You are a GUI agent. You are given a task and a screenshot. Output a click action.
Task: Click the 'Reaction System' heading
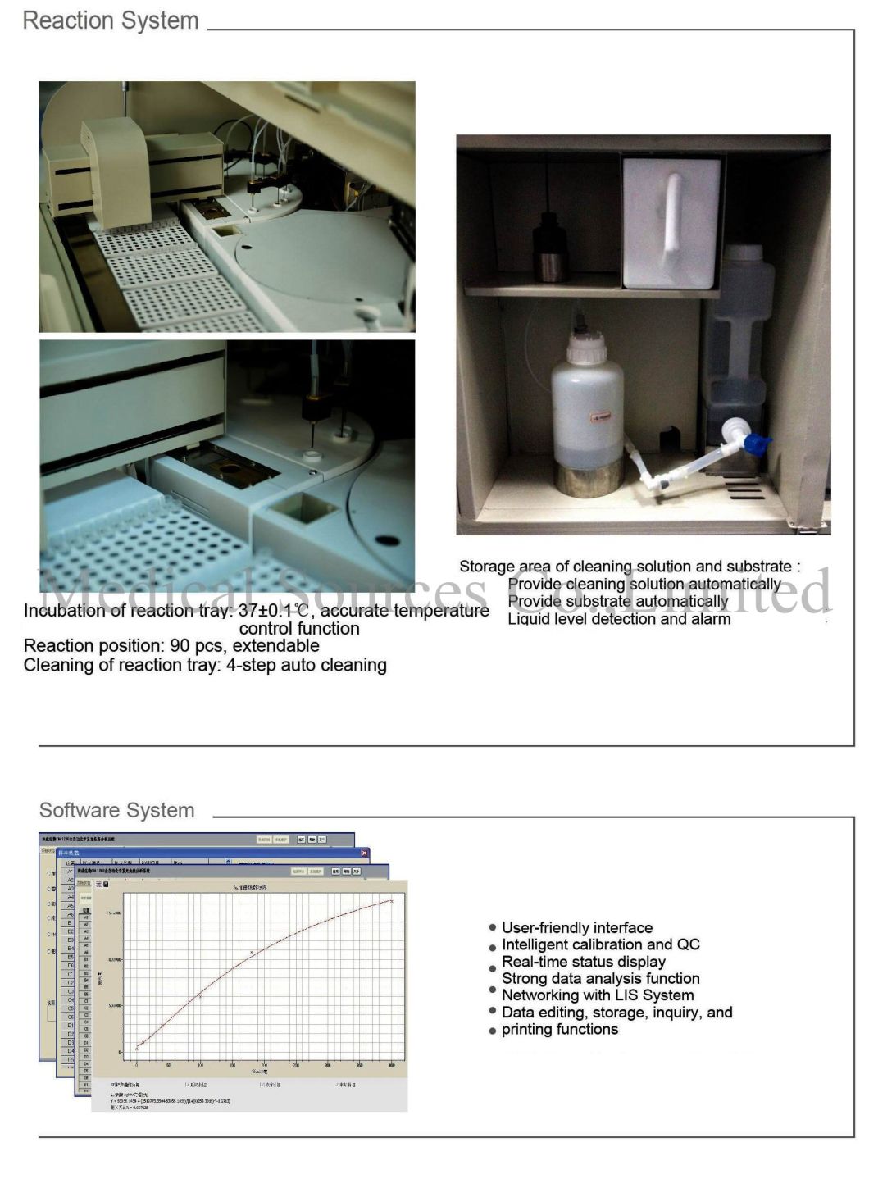tap(111, 20)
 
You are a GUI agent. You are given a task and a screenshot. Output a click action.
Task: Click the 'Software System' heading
tap(117, 810)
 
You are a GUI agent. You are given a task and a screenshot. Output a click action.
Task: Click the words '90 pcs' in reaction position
tap(197, 646)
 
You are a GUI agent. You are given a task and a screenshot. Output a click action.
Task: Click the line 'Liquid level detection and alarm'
tap(619, 619)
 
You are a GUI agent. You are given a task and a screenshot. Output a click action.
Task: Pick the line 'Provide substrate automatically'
tap(617, 601)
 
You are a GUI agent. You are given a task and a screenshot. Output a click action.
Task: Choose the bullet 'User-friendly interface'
tap(577, 927)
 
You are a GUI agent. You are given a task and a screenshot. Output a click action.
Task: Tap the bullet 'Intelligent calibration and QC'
tap(601, 944)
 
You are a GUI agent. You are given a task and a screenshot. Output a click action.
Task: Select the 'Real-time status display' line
tap(584, 962)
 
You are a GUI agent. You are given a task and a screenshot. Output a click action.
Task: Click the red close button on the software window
tap(365, 853)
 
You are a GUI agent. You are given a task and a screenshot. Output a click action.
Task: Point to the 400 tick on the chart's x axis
tap(392, 1065)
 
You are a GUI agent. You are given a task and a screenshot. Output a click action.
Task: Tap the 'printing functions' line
tap(560, 1030)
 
